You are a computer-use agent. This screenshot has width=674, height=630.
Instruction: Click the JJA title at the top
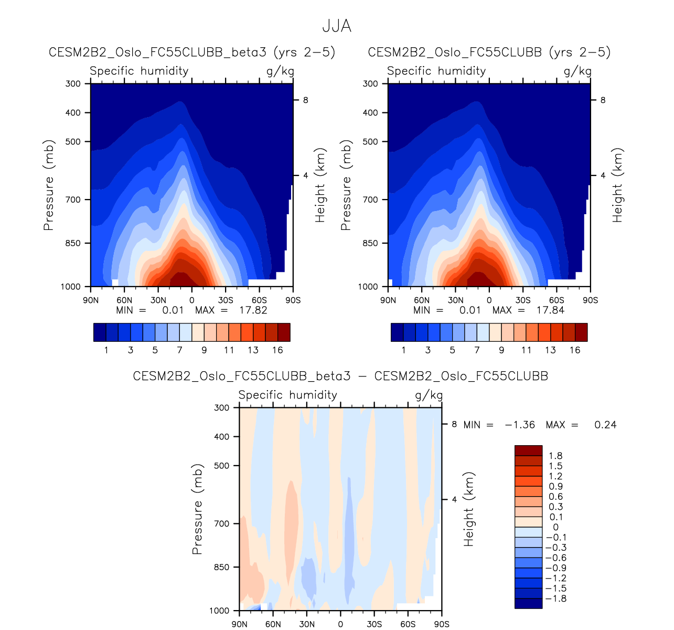[336, 26]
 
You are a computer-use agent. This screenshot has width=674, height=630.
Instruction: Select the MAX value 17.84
[550, 310]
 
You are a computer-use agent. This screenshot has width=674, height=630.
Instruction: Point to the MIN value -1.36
[519, 425]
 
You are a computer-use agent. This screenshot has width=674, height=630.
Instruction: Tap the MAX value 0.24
[605, 425]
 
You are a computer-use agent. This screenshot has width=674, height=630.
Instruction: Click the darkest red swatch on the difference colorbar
[528, 450]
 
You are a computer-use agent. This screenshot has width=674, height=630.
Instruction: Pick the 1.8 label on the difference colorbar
[555, 456]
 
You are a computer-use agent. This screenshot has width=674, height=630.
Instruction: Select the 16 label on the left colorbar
[277, 350]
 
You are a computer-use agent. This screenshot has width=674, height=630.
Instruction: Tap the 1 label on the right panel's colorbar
[403, 350]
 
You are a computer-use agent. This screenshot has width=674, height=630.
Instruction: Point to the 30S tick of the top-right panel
[523, 300]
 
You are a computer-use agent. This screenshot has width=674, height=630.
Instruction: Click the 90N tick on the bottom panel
[240, 624]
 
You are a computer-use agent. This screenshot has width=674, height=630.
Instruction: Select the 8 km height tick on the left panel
[305, 100]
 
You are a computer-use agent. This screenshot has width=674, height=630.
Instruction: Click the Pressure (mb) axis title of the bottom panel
[197, 509]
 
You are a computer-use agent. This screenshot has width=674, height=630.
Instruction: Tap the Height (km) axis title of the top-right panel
[617, 185]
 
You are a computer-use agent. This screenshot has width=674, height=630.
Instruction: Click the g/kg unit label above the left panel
[280, 71]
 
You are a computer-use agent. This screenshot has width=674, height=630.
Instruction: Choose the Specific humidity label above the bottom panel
[287, 395]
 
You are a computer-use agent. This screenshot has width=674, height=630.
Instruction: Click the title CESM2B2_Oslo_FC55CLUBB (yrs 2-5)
[489, 52]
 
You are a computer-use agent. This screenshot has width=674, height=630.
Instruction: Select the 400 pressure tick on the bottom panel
[222, 436]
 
